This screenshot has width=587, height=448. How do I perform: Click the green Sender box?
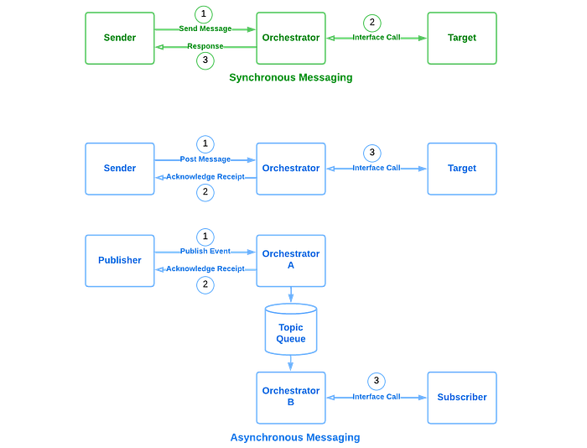click(120, 39)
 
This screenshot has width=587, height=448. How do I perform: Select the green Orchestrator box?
click(291, 39)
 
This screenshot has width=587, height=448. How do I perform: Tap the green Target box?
click(462, 39)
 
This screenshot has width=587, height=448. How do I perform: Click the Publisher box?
click(120, 261)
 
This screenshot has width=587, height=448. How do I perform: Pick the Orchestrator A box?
click(291, 261)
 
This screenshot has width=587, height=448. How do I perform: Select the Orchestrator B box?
click(291, 398)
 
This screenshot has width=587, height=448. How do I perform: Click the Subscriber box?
click(462, 398)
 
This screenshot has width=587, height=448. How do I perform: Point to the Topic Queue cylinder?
click(291, 330)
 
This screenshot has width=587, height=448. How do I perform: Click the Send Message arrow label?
click(205, 29)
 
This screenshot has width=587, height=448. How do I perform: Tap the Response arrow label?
click(205, 46)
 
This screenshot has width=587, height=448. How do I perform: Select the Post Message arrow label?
click(205, 159)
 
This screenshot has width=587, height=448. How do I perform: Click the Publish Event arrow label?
click(205, 251)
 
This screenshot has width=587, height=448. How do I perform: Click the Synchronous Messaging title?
click(291, 77)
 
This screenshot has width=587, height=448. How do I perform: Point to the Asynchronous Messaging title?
click(295, 437)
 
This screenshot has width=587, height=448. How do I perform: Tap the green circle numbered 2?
click(372, 23)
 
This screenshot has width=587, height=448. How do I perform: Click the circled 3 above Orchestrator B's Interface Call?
click(377, 381)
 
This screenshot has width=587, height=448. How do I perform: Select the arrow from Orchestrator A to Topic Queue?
click(291, 294)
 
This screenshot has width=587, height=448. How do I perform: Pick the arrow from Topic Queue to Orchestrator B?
click(291, 363)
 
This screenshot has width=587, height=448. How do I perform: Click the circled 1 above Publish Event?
click(205, 237)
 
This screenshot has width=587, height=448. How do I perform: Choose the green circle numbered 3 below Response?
click(205, 60)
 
